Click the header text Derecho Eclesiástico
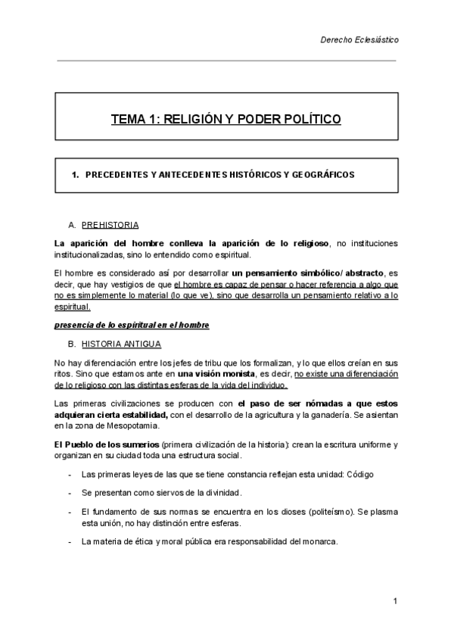(x=359, y=39)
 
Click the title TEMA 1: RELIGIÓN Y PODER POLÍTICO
(x=226, y=119)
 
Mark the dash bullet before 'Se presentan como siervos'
(x=70, y=493)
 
